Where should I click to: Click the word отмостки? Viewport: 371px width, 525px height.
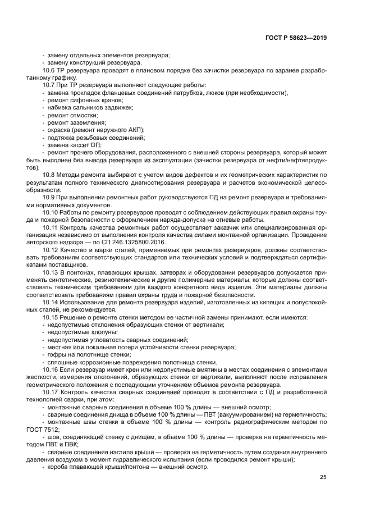coord(83,115)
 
